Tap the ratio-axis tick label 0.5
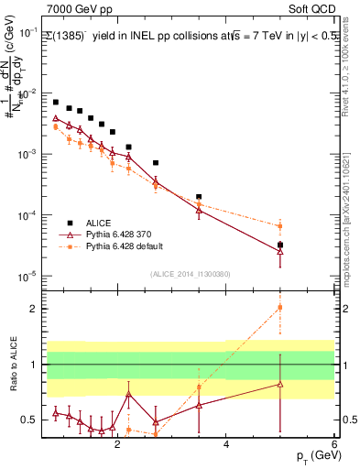[x=31, y=420]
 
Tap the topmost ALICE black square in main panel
[x=56, y=103]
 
